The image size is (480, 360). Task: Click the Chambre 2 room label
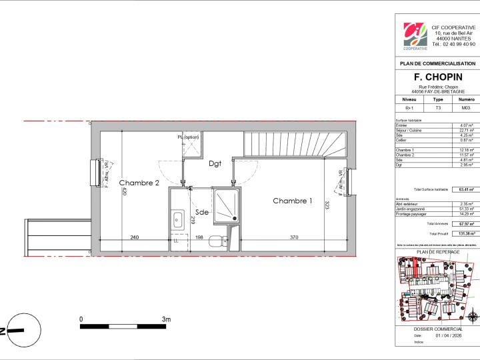tap(139, 183)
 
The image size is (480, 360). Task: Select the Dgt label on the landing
tap(215, 163)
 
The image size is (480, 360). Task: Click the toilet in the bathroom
tap(214, 242)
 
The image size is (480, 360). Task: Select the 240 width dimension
tap(134, 237)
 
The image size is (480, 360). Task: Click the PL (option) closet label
tap(188, 137)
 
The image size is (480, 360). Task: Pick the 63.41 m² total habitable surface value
tap(465, 190)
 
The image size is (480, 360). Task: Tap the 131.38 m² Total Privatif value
tap(465, 234)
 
